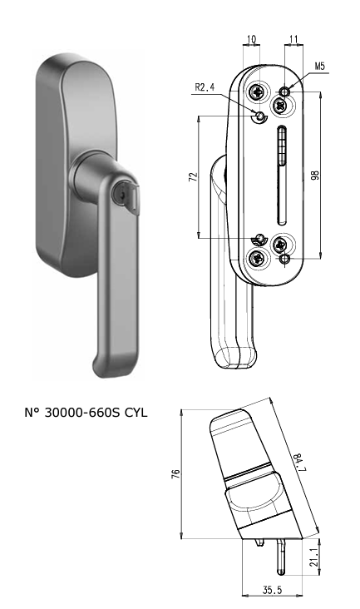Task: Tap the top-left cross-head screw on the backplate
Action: [261, 94]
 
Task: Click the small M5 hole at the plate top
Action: [284, 91]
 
